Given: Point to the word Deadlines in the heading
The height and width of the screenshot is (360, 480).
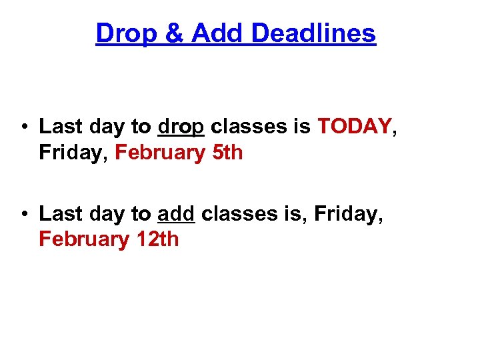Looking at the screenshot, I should tap(313, 33).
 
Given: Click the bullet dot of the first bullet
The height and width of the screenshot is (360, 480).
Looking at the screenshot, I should tap(23, 127).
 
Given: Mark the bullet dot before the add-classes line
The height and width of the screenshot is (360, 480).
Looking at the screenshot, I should tap(23, 214).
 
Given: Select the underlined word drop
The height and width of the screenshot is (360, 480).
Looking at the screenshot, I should tap(181, 127).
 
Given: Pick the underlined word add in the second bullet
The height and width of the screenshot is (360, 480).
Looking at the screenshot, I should tap(176, 214).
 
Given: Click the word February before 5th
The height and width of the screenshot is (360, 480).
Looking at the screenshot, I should tap(159, 153).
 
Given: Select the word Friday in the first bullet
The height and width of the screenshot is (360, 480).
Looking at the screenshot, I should tap(73, 153).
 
